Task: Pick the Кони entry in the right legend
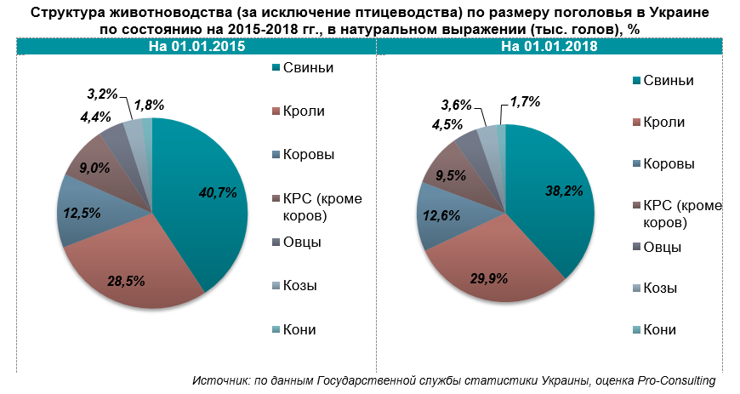click(x=660, y=330)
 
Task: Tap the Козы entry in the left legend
click(x=302, y=286)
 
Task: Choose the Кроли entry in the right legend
click(x=663, y=122)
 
